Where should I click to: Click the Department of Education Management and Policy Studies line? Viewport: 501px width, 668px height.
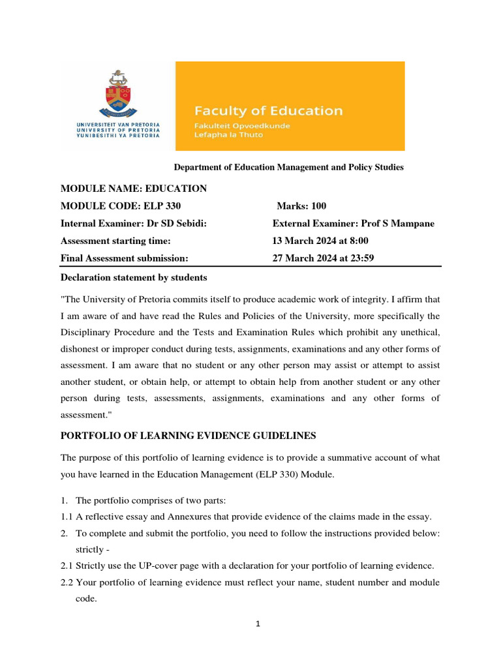(288, 168)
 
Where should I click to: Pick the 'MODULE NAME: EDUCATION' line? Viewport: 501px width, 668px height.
(134, 189)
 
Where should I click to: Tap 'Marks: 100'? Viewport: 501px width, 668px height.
(301, 206)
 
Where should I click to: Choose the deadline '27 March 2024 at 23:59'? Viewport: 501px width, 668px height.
(323, 258)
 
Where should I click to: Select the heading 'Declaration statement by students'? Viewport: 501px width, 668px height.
(134, 278)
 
